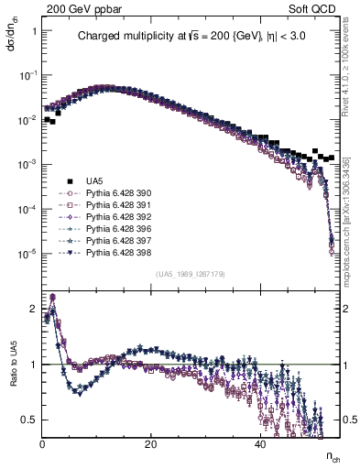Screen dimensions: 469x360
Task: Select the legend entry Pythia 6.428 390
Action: tap(117, 192)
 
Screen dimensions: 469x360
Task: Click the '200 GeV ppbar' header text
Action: tap(81, 7)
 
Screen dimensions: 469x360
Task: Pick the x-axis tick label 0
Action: tap(43, 444)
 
